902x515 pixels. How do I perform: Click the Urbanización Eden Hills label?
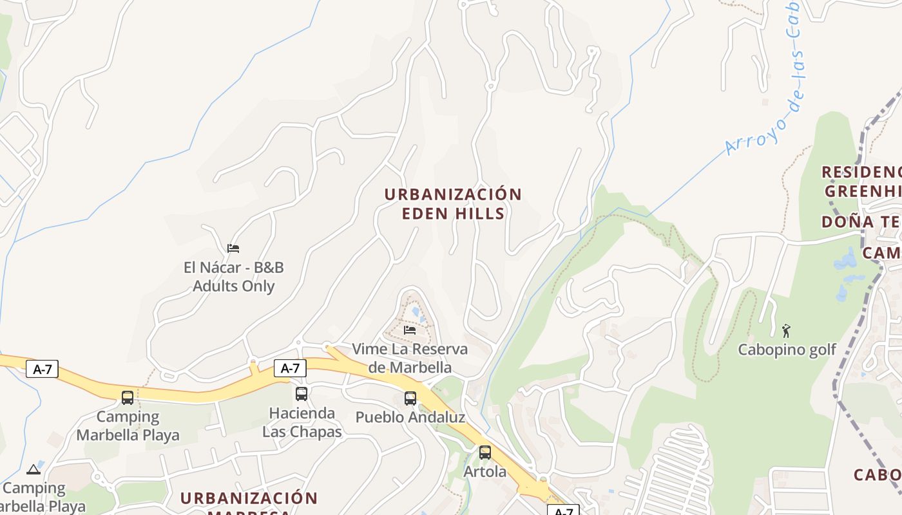(x=453, y=203)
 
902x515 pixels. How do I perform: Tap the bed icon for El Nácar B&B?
(x=233, y=248)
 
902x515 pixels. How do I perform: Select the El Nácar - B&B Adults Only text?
(x=234, y=277)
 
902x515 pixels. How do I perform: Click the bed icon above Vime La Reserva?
(x=410, y=330)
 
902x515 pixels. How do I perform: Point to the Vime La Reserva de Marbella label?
(x=410, y=358)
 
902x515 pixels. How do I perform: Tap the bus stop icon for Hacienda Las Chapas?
(x=302, y=393)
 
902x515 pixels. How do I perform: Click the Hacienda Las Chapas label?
(x=302, y=422)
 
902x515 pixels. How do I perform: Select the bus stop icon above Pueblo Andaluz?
(x=410, y=398)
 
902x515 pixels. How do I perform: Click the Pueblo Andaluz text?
(x=410, y=417)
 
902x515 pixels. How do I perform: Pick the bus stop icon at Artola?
(x=485, y=453)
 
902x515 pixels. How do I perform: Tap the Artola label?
(x=485, y=472)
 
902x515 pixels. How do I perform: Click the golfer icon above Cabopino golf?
(x=786, y=331)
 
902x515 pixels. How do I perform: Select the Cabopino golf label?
(x=787, y=350)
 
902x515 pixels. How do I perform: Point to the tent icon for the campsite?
(x=34, y=469)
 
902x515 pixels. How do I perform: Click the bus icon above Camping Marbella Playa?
(x=128, y=397)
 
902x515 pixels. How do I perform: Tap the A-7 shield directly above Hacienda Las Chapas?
(x=290, y=368)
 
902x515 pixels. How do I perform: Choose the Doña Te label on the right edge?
(x=861, y=222)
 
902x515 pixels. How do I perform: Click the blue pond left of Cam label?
(x=845, y=259)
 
